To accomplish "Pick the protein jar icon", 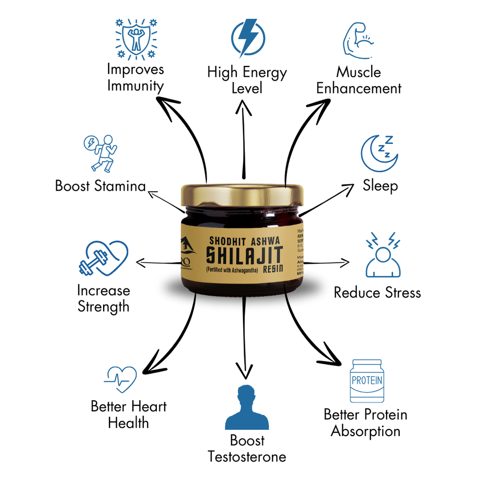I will point(366,381).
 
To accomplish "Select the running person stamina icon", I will point(101,152).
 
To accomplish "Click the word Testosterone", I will point(247,456).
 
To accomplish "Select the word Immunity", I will point(136,86).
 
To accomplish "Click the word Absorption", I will point(365,431).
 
